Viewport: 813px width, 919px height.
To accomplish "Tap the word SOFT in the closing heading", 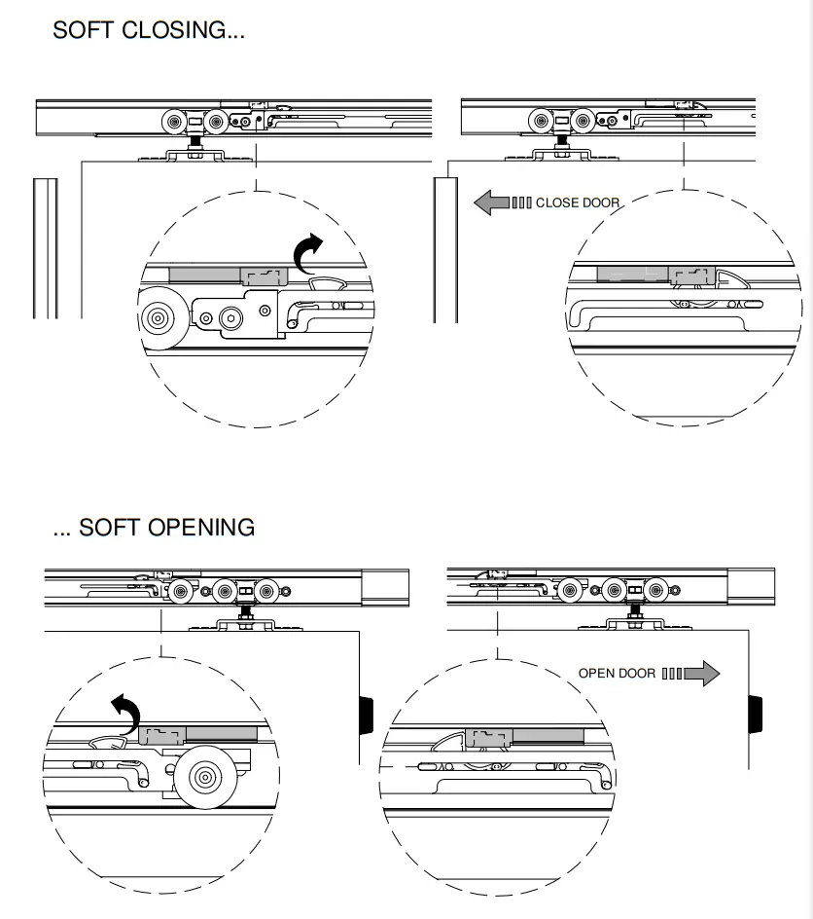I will pos(85,30).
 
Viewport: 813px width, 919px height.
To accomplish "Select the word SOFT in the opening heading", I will pos(109,528).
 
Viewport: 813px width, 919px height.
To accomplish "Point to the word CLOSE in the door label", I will pos(556,203).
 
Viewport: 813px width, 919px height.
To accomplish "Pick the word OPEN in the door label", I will pos(596,673).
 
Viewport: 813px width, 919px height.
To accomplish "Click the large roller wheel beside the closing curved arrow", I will pos(156,319).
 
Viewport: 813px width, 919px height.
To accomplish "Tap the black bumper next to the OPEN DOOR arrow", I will pos(756,714).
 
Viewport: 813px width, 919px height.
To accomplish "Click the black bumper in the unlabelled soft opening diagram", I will pos(368,714).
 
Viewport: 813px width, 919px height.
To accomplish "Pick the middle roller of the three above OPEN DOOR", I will pos(613,590).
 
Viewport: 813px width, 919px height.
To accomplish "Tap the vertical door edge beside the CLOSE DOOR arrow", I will pos(446,248).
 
